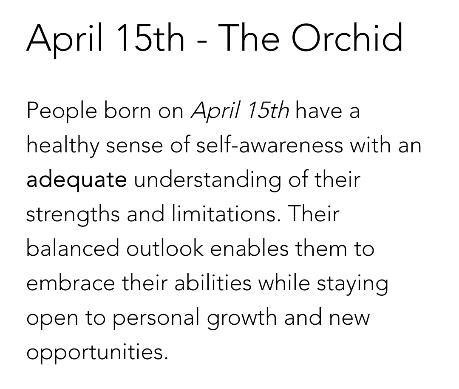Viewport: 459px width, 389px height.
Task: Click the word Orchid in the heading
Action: [x=347, y=38]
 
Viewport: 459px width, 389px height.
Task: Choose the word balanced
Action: [x=73, y=248]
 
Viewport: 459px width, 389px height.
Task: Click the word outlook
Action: [x=165, y=248]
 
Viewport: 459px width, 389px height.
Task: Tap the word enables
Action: [x=249, y=248]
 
